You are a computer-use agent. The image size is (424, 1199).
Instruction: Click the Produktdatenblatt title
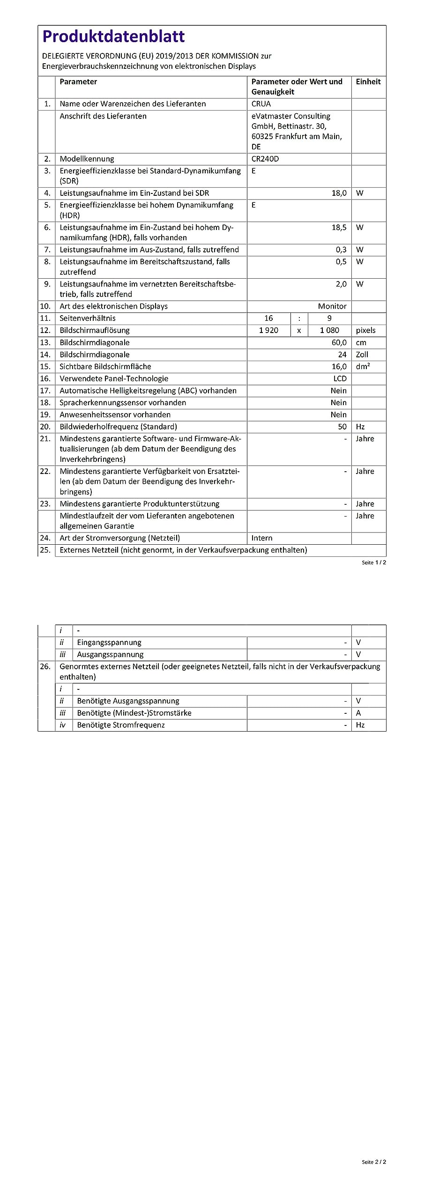[113, 37]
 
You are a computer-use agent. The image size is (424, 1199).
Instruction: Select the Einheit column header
[368, 81]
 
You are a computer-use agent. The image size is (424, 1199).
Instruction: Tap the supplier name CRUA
[261, 104]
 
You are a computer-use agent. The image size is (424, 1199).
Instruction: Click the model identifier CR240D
[265, 159]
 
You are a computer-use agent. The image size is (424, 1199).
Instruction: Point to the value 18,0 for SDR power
[339, 193]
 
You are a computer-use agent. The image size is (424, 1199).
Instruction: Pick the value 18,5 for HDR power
[339, 228]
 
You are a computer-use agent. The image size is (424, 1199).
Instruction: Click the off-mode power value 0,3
[341, 250]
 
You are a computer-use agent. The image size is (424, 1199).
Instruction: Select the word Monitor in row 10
[332, 306]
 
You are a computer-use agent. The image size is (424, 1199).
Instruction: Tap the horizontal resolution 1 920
[268, 330]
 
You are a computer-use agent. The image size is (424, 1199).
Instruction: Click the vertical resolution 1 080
[329, 330]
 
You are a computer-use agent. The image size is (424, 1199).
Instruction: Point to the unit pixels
[365, 330]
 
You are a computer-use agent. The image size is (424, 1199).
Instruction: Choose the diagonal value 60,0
[339, 343]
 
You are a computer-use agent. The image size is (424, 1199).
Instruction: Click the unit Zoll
[362, 355]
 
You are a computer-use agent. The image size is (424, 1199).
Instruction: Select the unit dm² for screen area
[363, 367]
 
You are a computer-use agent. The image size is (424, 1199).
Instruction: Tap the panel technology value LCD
[340, 378]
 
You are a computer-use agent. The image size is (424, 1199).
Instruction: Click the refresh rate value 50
[342, 427]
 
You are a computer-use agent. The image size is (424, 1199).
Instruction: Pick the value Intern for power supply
[261, 538]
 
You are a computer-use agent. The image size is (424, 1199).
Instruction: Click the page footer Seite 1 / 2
[373, 562]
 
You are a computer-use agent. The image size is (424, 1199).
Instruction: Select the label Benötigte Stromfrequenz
[121, 725]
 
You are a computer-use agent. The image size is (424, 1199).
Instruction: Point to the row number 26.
[45, 666]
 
